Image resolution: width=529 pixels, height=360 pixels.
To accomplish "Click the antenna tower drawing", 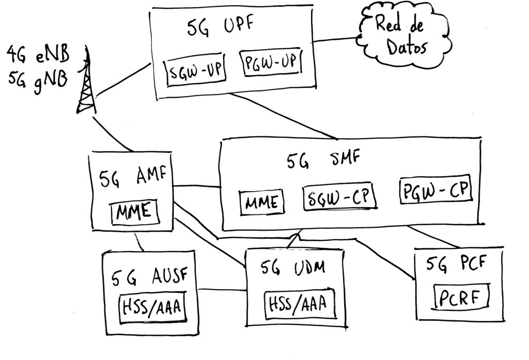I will click(86, 83).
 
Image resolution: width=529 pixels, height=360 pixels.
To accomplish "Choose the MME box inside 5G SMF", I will click(262, 202).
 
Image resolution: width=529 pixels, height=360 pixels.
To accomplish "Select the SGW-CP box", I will click(340, 198).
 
